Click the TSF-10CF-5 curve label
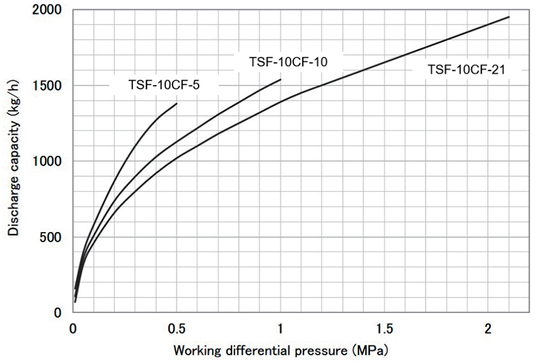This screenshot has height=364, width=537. tap(164, 84)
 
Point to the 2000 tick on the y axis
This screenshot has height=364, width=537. tap(50, 10)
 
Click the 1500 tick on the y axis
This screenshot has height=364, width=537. tap(50, 86)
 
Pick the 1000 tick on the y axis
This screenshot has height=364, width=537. tap(50, 162)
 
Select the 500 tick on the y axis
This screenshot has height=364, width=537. tap(54, 237)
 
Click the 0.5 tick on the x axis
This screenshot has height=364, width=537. tap(177, 328)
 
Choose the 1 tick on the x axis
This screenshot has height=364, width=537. tap(280, 328)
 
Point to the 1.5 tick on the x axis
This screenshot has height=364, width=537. tap(384, 328)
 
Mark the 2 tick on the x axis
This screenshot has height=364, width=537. tap(487, 328)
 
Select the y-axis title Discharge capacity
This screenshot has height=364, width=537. tap(13, 161)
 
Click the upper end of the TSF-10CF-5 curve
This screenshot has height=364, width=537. tap(177, 103)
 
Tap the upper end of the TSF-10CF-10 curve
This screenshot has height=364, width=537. tap(281, 79)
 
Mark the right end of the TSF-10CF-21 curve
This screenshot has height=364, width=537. tap(509, 17)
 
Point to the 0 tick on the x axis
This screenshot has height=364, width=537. tap(73, 328)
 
